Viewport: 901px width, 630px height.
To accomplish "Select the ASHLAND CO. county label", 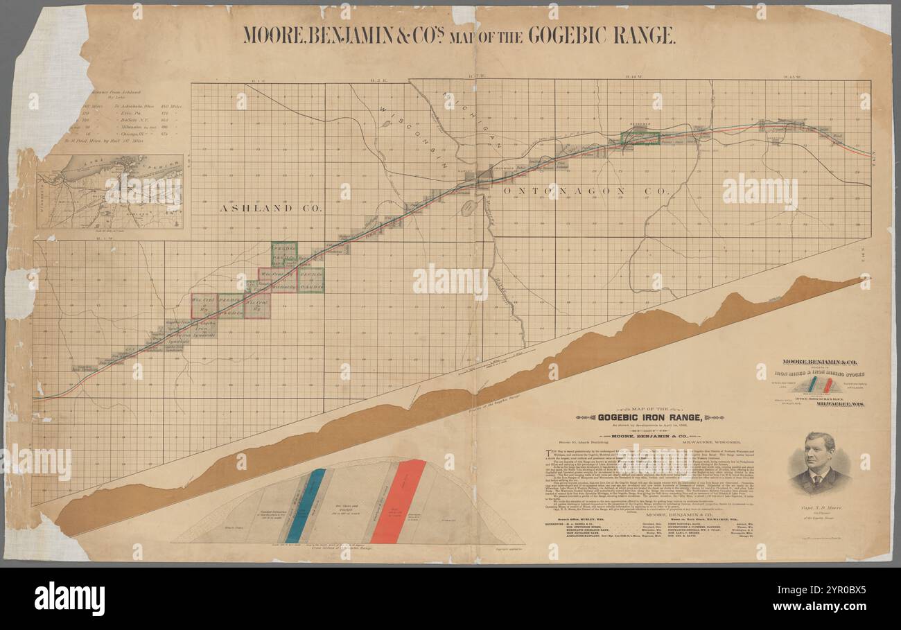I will pyautogui.click(x=271, y=208).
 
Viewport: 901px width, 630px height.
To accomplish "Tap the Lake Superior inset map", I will pyautogui.click(x=110, y=191).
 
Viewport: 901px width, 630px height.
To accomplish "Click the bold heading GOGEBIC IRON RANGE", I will pyautogui.click(x=650, y=417).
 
